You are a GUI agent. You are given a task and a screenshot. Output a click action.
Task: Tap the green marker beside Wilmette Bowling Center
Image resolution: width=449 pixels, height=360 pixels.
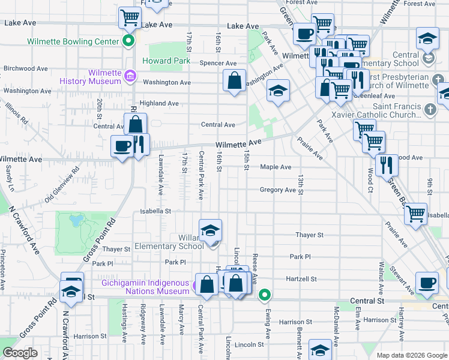tap(128, 41)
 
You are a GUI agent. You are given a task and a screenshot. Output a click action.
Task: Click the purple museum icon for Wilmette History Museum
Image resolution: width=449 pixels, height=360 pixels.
tap(130, 76)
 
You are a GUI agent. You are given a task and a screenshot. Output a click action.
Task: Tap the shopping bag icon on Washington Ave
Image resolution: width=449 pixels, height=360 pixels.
tap(234, 80)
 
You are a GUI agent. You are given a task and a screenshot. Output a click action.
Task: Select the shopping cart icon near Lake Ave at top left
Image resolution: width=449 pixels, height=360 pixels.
tap(130, 18)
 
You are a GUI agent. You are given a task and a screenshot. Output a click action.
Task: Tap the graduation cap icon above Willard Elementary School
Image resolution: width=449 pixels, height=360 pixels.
tap(210, 230)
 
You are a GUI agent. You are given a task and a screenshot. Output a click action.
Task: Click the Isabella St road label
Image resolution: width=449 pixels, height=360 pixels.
tap(156, 211)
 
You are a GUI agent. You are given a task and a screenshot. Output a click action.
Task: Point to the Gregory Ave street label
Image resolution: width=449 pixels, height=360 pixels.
tap(278, 190)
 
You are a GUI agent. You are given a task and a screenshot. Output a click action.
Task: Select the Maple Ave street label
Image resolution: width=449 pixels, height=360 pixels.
tap(276, 167)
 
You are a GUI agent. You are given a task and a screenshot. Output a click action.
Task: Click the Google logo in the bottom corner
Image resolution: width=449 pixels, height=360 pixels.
tap(20, 353)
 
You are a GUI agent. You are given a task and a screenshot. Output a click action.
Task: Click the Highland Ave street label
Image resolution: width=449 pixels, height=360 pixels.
tap(159, 103)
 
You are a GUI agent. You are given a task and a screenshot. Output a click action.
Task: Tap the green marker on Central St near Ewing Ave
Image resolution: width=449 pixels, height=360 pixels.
tap(264, 295)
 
